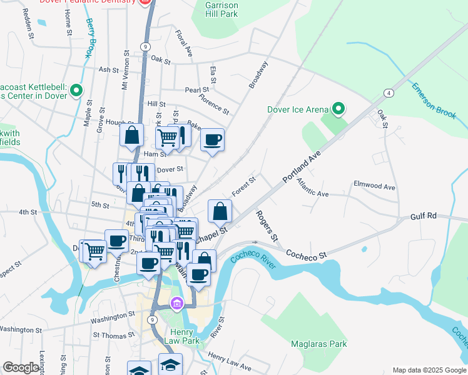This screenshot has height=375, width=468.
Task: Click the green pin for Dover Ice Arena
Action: [x=338, y=109]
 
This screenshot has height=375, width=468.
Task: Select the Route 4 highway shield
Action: [x=389, y=93]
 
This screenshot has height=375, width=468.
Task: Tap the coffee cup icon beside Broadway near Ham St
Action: [x=212, y=139]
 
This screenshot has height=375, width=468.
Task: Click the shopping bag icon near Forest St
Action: [x=220, y=211]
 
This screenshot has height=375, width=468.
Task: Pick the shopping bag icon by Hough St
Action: [x=132, y=134]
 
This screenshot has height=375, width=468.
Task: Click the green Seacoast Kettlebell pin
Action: [x=76, y=91]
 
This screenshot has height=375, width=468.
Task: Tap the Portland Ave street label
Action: [x=302, y=166]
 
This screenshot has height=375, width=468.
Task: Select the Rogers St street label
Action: [x=266, y=226]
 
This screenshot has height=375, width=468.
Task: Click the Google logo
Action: [x=21, y=367]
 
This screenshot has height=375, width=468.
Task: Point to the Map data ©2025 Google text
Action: [x=429, y=370]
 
